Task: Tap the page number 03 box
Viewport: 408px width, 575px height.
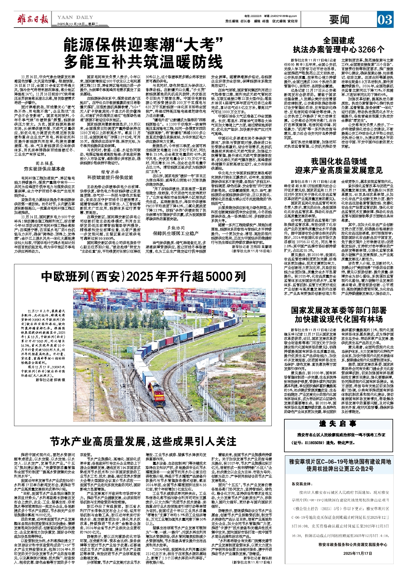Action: pos(385,20)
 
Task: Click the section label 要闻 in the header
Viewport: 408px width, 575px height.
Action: pos(339,20)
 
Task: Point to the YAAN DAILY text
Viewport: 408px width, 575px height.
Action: pos(75,17)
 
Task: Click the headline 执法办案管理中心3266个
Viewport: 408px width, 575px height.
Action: pos(339,50)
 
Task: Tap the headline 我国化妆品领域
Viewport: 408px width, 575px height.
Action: pos(339,162)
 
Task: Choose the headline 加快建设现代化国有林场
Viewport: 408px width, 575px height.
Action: pos(339,319)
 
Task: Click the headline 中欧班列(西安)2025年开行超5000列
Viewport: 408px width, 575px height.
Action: pos(143,277)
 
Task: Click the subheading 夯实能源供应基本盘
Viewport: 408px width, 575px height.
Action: pos(44,169)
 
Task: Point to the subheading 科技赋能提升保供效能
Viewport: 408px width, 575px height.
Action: pos(110,177)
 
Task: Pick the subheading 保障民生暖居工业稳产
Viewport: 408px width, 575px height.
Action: pos(175,234)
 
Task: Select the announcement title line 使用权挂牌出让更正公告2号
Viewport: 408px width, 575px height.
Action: pos(340,469)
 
